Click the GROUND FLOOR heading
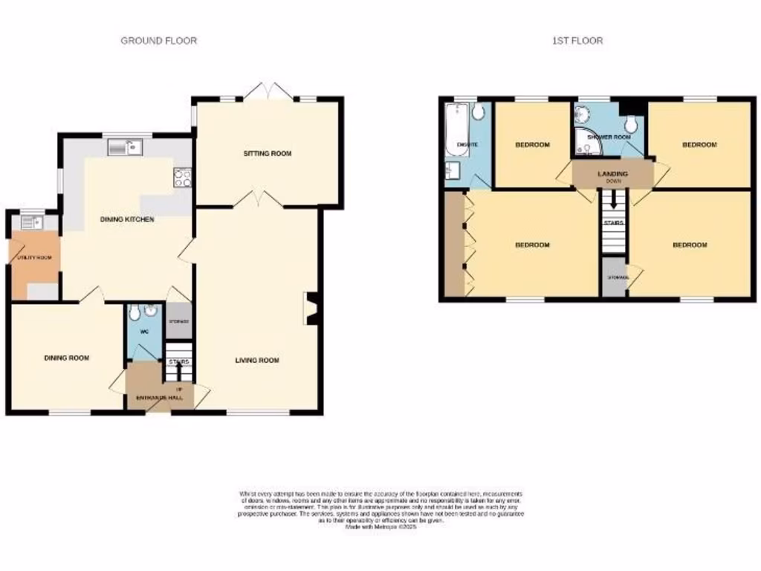[159, 41]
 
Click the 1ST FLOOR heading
[577, 41]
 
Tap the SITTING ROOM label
[268, 154]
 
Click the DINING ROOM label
[66, 358]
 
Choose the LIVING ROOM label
[257, 361]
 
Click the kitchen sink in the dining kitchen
[124, 148]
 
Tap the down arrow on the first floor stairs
[613, 199]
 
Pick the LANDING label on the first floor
[613, 174]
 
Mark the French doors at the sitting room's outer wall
[268, 92]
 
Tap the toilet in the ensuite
[477, 112]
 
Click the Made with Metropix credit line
[380, 526]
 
